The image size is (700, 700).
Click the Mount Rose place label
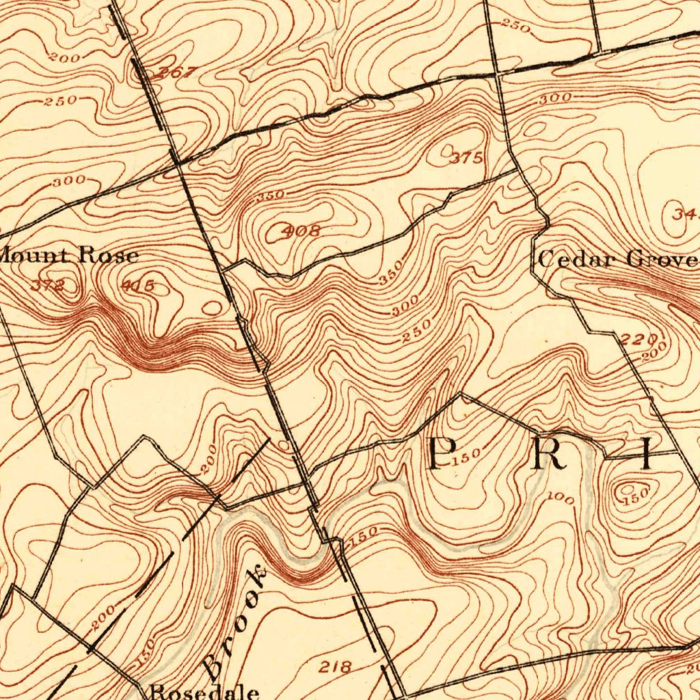click(68, 256)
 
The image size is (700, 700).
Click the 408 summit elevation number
click(301, 231)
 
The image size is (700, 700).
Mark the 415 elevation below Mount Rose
click(138, 286)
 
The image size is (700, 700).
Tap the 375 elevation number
click(467, 158)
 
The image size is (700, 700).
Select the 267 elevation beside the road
click(176, 73)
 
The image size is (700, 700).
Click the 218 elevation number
click(335, 667)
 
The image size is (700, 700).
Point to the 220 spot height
click(640, 338)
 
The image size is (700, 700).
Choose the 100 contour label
click(561, 500)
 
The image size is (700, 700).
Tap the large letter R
click(550, 455)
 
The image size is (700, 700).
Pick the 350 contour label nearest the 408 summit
click(270, 196)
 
